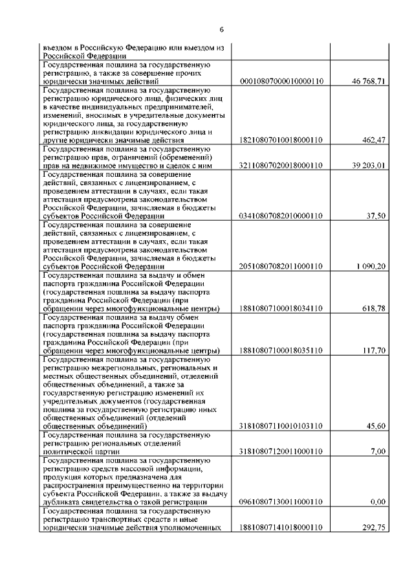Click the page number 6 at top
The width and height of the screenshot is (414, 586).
(x=221, y=30)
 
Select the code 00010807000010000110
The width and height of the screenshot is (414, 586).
(x=281, y=82)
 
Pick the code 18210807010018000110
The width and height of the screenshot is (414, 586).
(x=281, y=140)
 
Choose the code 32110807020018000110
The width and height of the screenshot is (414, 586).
(x=281, y=165)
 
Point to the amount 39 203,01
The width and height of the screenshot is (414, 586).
(x=369, y=165)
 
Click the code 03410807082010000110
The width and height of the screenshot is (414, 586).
(x=281, y=216)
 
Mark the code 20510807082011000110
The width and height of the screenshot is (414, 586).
(x=281, y=266)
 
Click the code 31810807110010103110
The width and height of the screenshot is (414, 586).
(x=281, y=426)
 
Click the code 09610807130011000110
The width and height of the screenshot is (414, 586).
(x=281, y=502)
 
